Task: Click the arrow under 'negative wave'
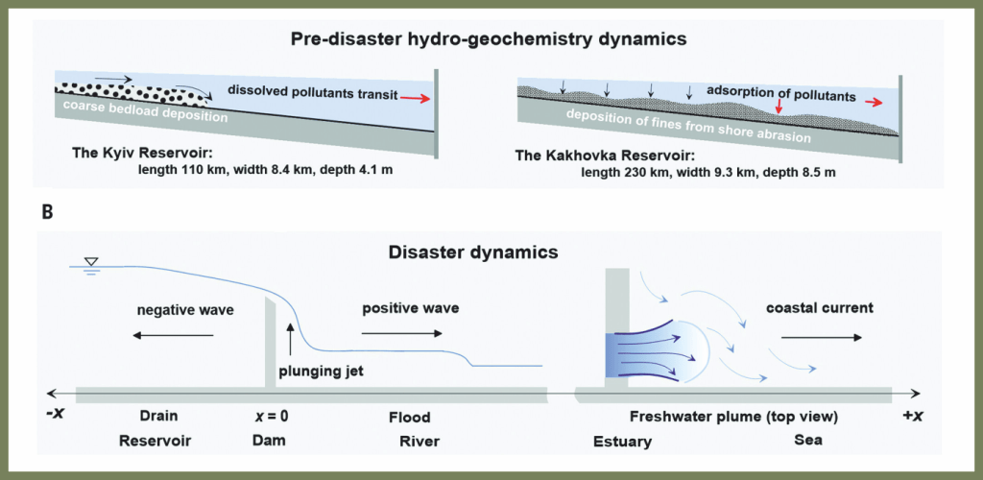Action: click(173, 335)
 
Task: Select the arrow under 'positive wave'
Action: click(402, 334)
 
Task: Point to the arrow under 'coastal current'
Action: click(821, 338)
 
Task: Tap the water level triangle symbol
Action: click(90, 262)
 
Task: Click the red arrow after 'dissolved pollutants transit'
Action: click(415, 97)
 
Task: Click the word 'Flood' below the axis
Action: click(410, 418)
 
